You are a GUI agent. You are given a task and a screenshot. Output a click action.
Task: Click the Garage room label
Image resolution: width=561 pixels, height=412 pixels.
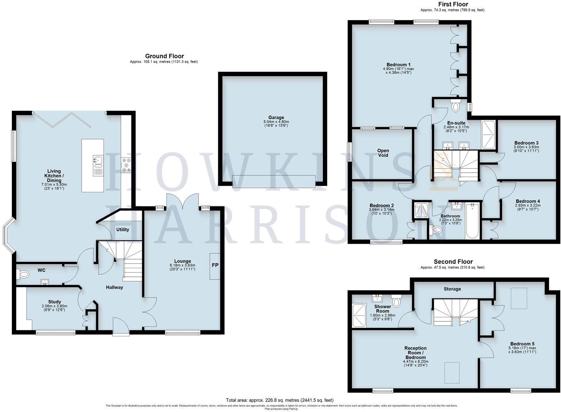click(276, 118)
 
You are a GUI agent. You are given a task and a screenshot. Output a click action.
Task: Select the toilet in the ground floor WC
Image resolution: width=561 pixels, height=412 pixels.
click(24, 273)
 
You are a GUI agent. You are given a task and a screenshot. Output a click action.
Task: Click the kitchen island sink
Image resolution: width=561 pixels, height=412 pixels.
click(97, 160)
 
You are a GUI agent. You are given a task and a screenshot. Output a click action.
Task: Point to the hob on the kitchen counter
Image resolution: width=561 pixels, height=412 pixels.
click(126, 165)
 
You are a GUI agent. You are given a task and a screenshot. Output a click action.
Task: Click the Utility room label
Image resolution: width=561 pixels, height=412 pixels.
click(122, 229)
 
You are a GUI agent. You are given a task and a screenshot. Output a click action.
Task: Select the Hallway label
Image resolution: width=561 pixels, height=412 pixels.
click(114, 287)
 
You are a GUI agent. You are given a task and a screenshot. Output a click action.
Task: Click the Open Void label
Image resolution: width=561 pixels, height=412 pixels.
click(383, 153)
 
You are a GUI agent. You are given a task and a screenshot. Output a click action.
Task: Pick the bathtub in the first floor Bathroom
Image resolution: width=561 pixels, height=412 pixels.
click(472, 221)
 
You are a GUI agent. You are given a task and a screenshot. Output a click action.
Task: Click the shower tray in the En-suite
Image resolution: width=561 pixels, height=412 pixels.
click(488, 135)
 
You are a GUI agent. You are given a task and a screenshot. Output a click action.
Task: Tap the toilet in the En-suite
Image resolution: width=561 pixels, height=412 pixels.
click(456, 106)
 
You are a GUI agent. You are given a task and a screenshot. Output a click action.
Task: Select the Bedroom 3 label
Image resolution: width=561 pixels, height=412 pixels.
click(526, 143)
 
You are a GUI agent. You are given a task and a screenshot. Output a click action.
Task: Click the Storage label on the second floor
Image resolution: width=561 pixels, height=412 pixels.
click(452, 289)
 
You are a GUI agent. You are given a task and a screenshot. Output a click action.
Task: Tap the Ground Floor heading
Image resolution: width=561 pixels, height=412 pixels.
click(164, 56)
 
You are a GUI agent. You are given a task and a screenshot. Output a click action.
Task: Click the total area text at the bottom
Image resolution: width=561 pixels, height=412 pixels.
click(280, 400)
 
